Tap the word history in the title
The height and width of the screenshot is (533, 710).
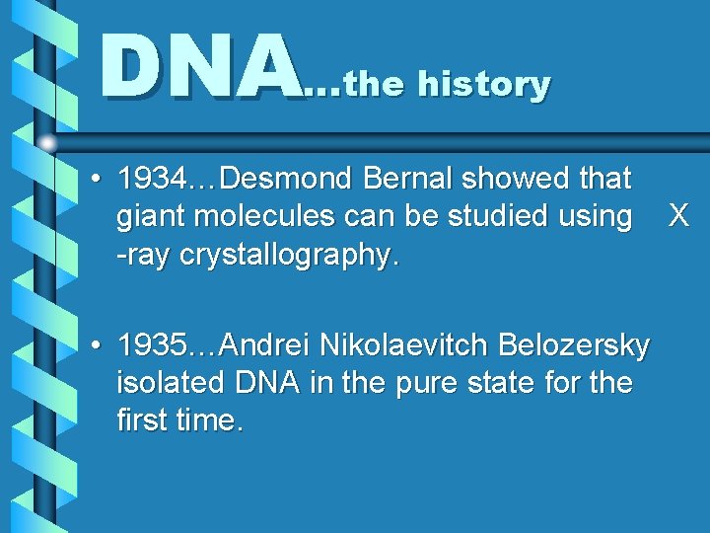pyautogui.click(x=484, y=85)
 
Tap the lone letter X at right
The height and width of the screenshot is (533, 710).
pyautogui.click(x=677, y=216)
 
